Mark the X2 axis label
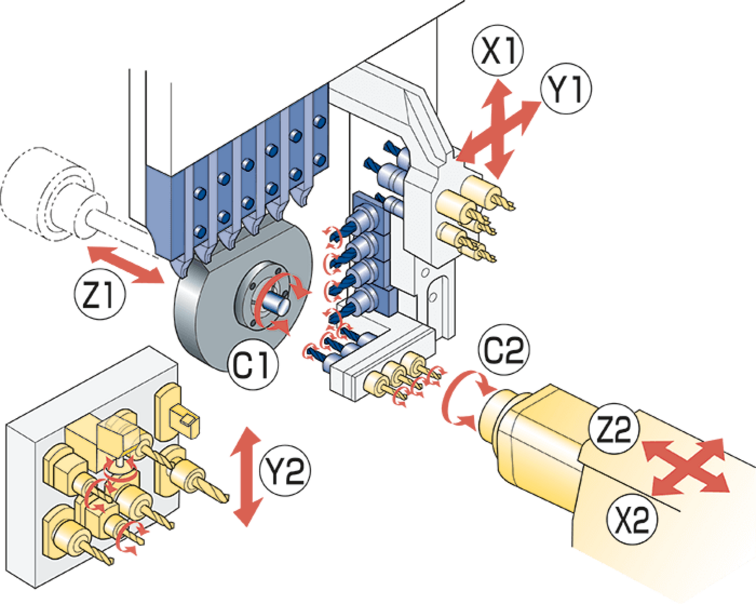click(632, 518)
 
